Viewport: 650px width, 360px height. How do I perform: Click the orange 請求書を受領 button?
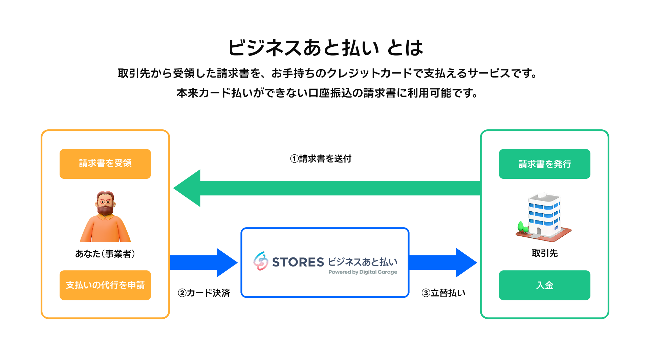click(x=105, y=164)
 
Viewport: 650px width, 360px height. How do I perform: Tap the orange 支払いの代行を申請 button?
click(x=105, y=285)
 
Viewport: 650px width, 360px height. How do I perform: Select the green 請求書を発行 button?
click(x=544, y=164)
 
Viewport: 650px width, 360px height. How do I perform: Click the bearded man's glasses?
click(x=105, y=202)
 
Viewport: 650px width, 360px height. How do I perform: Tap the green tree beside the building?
click(x=521, y=227)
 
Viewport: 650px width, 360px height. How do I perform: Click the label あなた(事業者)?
click(x=105, y=254)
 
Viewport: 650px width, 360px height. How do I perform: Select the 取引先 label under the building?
click(x=544, y=253)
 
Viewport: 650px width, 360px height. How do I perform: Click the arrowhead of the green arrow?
click(x=188, y=188)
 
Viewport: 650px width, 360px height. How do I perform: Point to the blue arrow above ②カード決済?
click(x=203, y=262)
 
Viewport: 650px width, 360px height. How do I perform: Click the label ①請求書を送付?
click(x=321, y=158)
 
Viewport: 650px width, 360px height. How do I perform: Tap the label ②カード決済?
click(x=204, y=293)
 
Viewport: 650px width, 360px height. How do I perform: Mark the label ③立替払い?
click(x=443, y=293)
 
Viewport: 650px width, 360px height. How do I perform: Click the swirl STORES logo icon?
click(x=261, y=261)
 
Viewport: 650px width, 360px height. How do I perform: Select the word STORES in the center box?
click(x=298, y=262)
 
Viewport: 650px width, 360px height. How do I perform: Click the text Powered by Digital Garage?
click(x=363, y=272)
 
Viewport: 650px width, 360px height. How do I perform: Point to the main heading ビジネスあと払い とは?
click(x=325, y=47)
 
